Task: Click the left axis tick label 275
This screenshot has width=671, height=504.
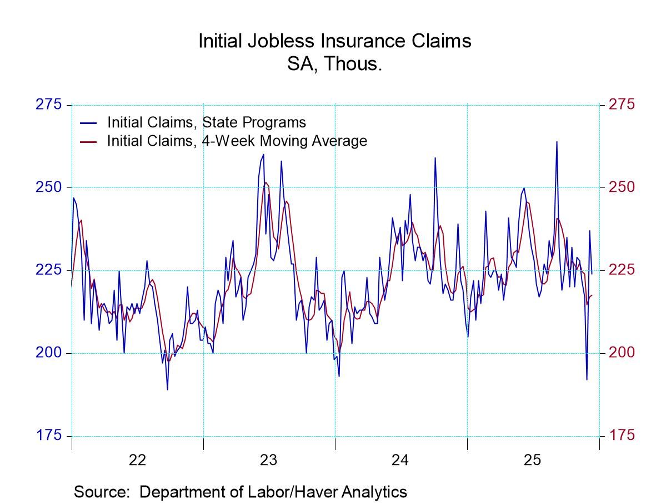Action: click(49, 105)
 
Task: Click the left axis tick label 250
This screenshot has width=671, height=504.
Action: click(49, 187)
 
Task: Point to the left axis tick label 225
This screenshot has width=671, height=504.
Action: click(49, 270)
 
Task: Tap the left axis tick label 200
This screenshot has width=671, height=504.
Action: click(49, 353)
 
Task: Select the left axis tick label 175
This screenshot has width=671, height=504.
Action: click(49, 436)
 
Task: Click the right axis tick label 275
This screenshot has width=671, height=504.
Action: click(622, 105)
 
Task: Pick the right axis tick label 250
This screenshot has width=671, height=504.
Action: click(622, 187)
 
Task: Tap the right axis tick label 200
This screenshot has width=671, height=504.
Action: click(622, 353)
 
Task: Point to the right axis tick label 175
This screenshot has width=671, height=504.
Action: click(622, 436)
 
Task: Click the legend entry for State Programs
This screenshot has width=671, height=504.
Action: click(206, 122)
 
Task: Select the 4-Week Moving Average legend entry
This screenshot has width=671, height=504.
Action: click(237, 141)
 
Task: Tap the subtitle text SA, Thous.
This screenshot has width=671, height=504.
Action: click(334, 64)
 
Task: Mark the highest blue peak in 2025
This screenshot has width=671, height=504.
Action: click(557, 142)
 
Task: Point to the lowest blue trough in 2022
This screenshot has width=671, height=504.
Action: click(167, 389)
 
